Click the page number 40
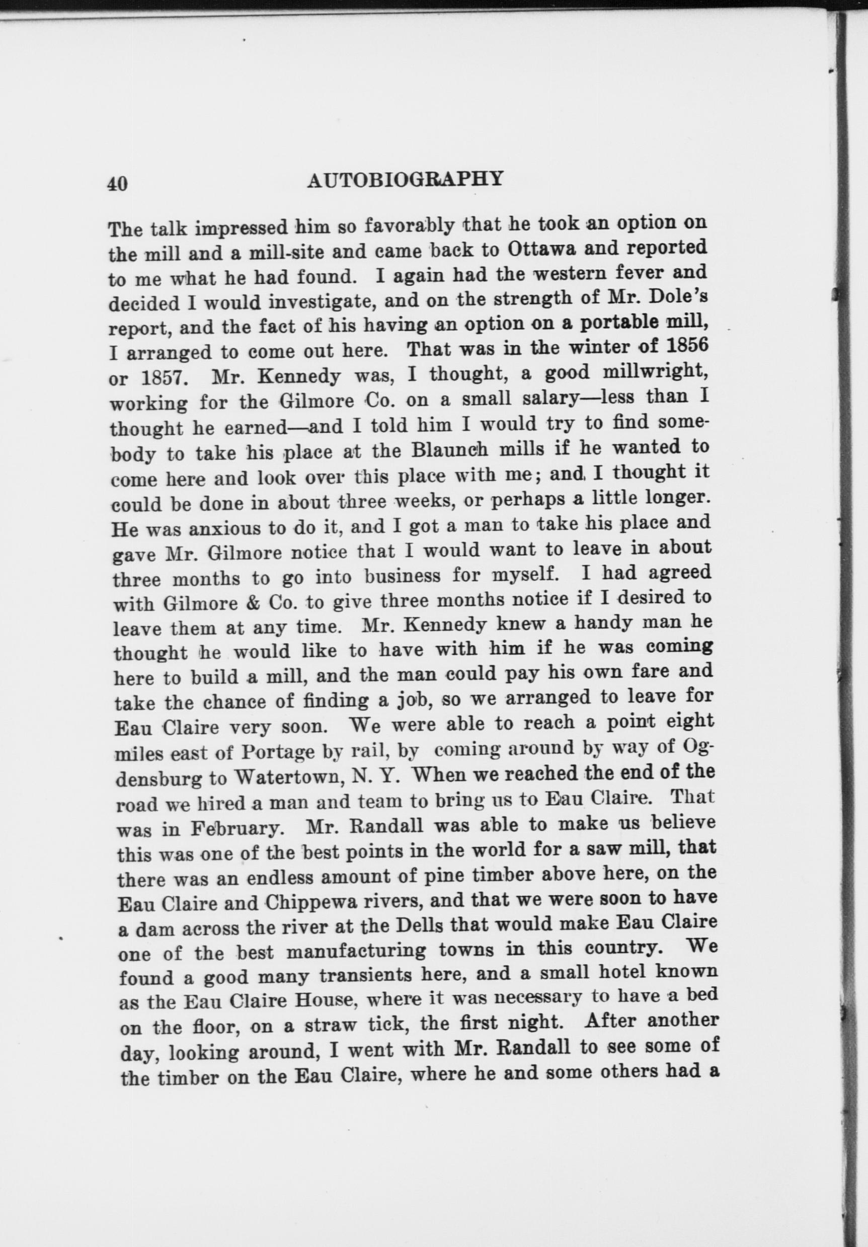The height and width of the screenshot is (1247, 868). [x=117, y=184]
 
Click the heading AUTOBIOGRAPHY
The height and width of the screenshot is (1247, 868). [x=405, y=180]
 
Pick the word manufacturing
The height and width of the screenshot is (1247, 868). [x=356, y=952]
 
